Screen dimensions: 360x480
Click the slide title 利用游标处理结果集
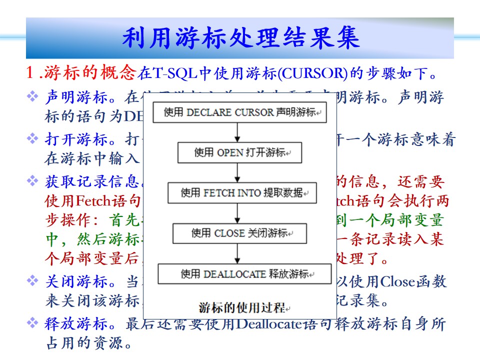(240, 38)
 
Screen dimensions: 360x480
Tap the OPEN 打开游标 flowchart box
(240, 152)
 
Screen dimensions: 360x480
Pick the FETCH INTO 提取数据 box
(242, 192)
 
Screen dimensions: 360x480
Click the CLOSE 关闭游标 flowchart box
(239, 233)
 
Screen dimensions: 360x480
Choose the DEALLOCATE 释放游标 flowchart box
(244, 273)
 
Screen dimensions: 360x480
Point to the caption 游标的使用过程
(242, 306)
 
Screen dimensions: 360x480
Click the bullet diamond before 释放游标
(32, 323)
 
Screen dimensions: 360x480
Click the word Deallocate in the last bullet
(270, 324)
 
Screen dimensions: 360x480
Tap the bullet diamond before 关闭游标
(32, 281)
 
